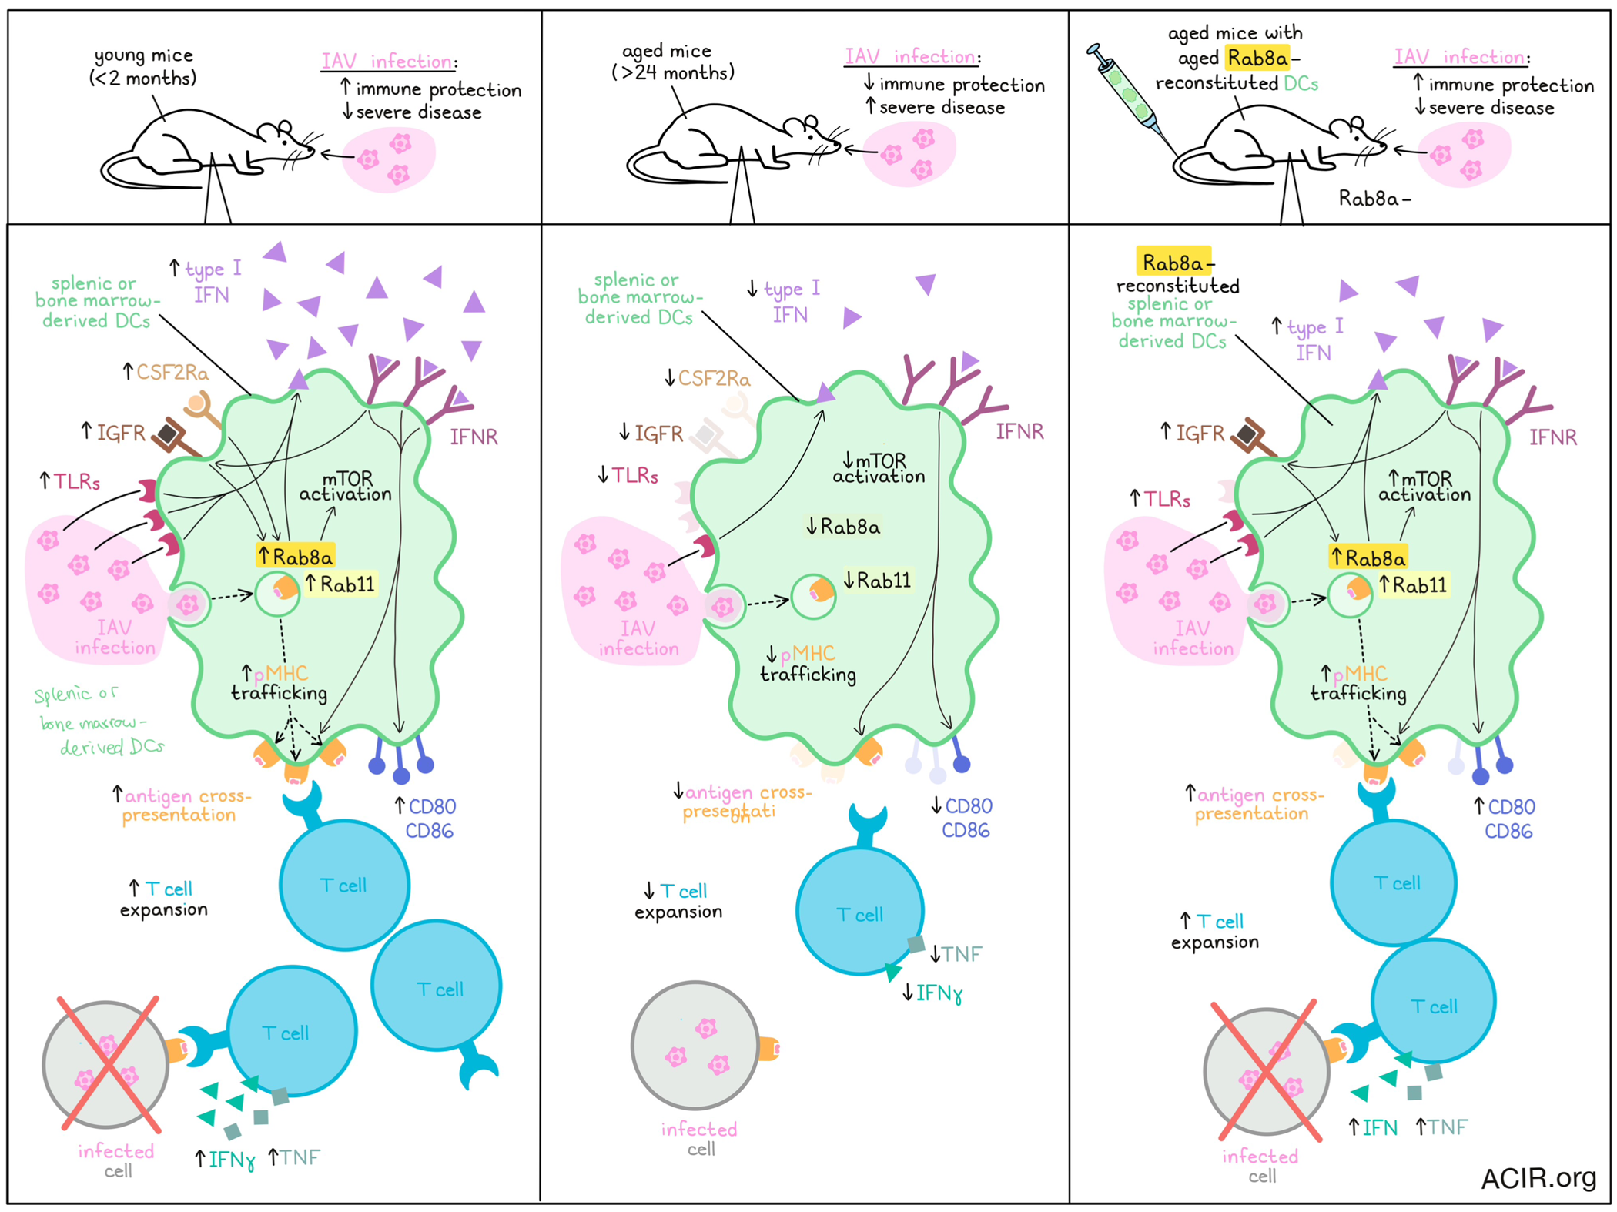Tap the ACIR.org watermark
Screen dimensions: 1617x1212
point(1538,1177)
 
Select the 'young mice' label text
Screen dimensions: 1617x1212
point(143,67)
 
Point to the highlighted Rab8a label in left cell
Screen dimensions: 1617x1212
point(296,555)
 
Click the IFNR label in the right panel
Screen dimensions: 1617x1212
point(1552,437)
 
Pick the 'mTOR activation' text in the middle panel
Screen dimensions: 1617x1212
point(879,468)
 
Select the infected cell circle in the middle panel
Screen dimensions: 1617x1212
point(695,1045)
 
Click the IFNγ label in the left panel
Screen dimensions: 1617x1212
point(224,1159)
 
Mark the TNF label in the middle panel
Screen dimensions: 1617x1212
point(956,954)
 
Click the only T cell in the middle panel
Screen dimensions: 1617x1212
point(859,911)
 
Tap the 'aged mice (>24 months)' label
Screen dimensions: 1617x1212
point(672,62)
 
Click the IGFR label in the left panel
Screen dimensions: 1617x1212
point(114,433)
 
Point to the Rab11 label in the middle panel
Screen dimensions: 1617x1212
point(878,580)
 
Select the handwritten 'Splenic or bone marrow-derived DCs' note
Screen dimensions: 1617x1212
point(99,721)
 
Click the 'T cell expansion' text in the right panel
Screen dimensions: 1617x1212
point(1215,931)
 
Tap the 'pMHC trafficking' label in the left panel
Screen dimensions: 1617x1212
point(280,683)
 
